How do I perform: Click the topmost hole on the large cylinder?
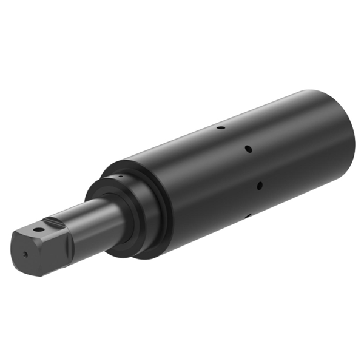(x=221, y=128)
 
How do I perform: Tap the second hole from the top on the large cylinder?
(x=248, y=149)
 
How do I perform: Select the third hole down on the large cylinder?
(x=260, y=184)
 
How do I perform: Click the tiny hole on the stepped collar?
(x=121, y=177)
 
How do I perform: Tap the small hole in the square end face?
(x=25, y=255)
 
